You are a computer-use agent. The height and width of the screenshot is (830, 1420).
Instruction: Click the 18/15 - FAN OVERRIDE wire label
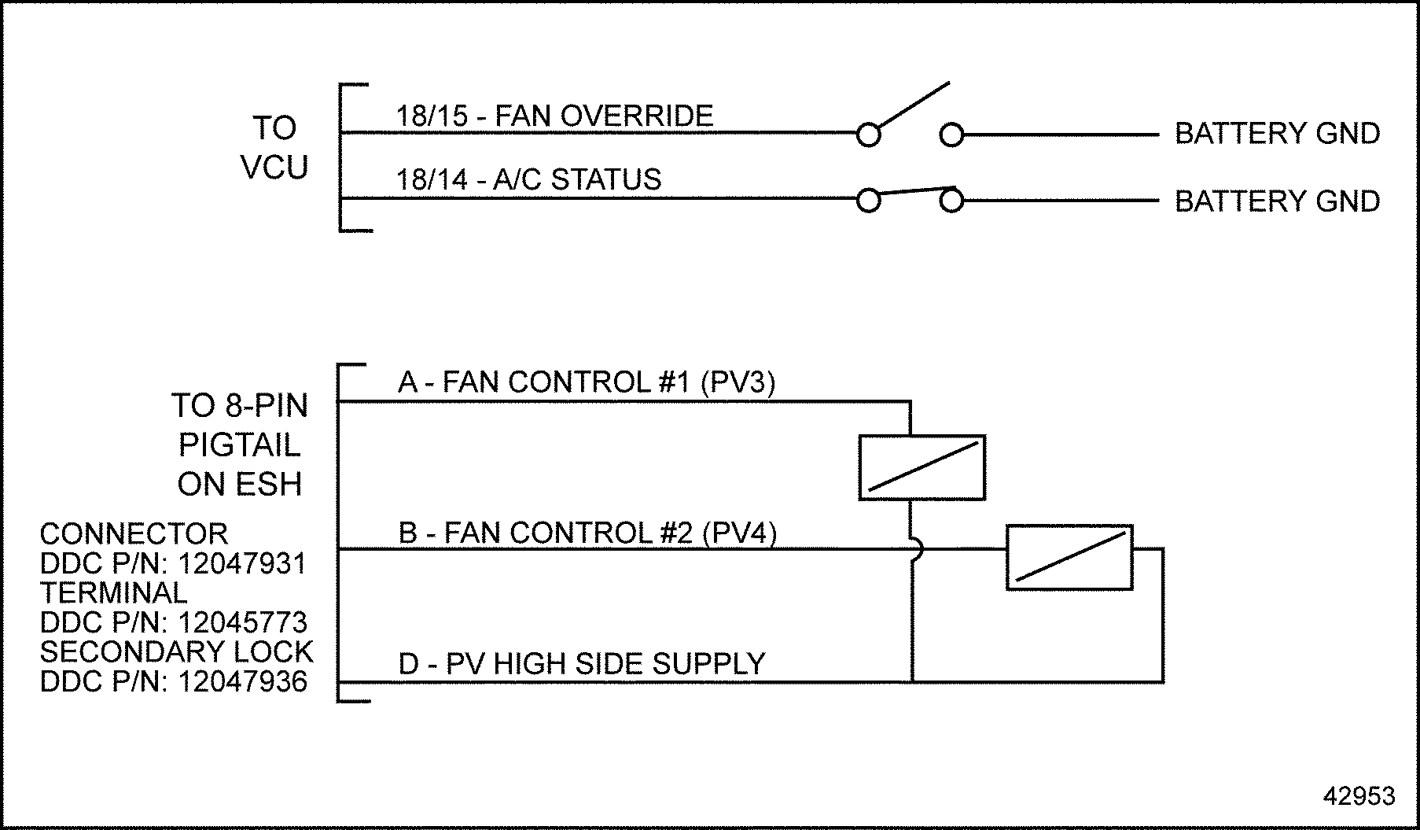point(554,116)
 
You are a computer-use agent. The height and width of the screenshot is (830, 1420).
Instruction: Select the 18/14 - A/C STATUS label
point(528,180)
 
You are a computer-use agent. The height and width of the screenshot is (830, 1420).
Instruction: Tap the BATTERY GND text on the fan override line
point(1277,134)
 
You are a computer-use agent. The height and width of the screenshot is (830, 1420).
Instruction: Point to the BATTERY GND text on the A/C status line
point(1277,201)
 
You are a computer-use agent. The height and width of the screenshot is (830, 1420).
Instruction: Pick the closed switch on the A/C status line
point(910,196)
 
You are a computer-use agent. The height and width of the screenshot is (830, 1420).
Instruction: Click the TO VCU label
point(274,148)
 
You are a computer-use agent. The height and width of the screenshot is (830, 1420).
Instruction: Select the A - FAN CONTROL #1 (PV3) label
point(587,382)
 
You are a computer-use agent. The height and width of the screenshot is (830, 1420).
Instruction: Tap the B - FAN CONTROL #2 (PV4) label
point(587,533)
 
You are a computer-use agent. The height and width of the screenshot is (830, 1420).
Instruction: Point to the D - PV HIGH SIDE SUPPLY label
point(582,664)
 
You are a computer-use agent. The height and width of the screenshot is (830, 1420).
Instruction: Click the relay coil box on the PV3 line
point(922,467)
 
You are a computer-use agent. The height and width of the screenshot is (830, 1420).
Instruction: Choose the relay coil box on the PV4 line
point(1069,557)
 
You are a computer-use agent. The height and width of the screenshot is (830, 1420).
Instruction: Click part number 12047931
point(242,564)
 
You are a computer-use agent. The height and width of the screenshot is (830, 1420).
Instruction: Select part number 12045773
point(242,623)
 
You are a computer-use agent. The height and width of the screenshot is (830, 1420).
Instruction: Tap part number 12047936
point(242,682)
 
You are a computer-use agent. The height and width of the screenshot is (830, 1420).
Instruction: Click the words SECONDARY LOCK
point(176,652)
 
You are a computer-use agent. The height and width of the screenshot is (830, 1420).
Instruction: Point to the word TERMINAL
point(113,593)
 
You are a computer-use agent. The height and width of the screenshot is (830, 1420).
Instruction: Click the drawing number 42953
point(1359,796)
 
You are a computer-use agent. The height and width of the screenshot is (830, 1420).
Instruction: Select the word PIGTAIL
point(239,445)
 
